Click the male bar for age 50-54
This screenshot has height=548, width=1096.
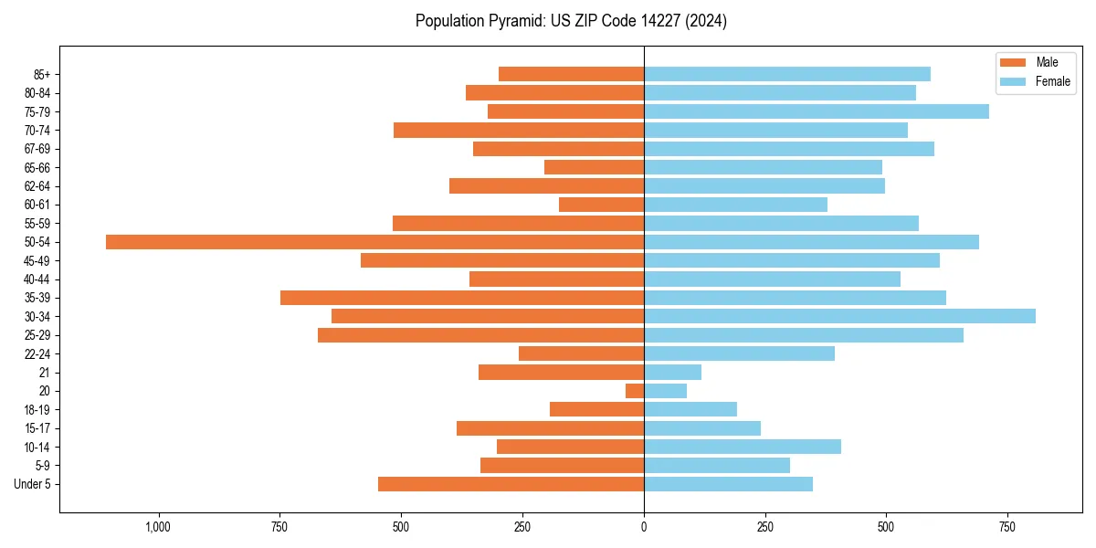(374, 242)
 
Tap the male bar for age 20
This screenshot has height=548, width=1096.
(635, 391)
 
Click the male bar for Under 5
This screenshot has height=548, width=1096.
(511, 484)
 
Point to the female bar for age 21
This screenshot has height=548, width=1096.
(672, 373)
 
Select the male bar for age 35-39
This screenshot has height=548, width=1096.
(462, 298)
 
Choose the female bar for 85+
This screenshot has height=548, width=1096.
(787, 74)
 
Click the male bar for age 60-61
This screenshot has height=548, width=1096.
(601, 205)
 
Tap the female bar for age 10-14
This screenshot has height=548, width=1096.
(743, 447)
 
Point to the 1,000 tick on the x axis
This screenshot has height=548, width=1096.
(159, 527)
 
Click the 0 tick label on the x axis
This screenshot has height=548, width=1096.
(644, 527)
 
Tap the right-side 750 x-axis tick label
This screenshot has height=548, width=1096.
(1006, 527)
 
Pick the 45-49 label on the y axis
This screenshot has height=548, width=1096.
(37, 260)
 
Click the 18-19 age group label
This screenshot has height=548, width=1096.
(37, 410)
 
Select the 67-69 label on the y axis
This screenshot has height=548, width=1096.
(37, 149)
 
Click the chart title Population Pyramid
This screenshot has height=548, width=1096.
(571, 21)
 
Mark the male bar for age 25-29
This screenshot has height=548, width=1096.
(480, 335)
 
